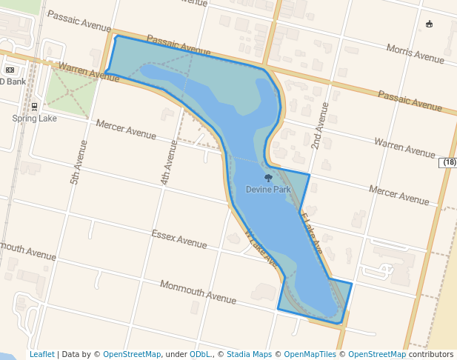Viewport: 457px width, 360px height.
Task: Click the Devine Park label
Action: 268,190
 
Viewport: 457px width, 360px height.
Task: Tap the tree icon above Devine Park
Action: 268,178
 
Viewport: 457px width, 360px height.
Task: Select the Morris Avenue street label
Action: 416,53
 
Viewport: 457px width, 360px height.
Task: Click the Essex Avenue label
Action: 179,239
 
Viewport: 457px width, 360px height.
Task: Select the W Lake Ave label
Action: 261,248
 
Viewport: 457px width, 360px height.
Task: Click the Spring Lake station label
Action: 34,119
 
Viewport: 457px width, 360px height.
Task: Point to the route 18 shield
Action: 449,162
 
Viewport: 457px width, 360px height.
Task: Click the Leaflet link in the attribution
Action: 41,355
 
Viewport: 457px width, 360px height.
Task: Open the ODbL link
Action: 199,355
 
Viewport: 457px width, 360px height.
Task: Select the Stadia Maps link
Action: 249,355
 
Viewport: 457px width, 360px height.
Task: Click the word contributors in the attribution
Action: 430,355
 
